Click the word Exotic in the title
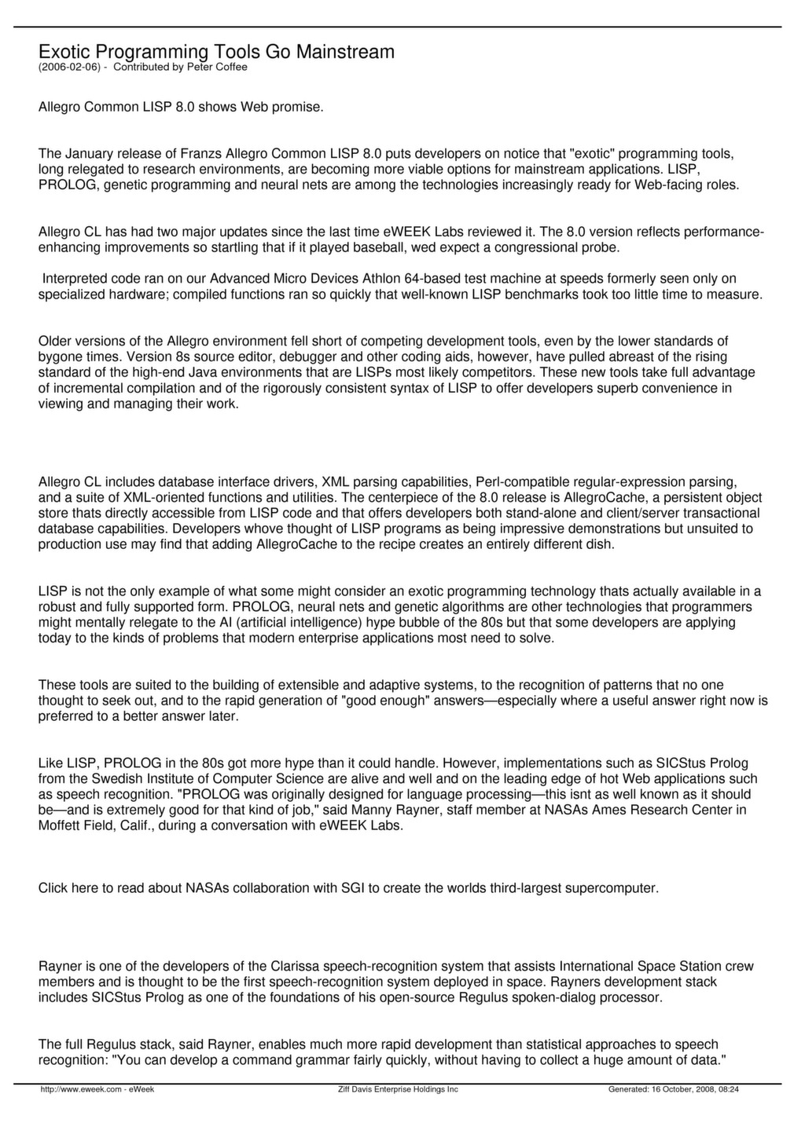[x=64, y=52]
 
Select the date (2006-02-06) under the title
[x=69, y=68]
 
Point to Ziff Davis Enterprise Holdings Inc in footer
[x=397, y=1089]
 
